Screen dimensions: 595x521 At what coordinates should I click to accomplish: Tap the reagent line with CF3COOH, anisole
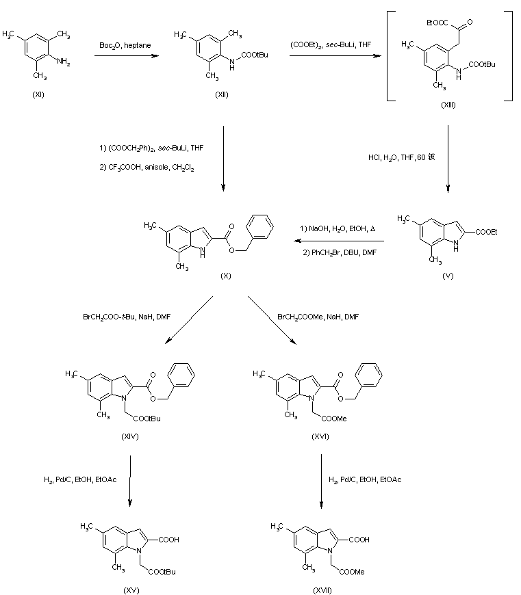(147, 167)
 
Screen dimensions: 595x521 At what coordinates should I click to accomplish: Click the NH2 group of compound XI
(63, 62)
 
